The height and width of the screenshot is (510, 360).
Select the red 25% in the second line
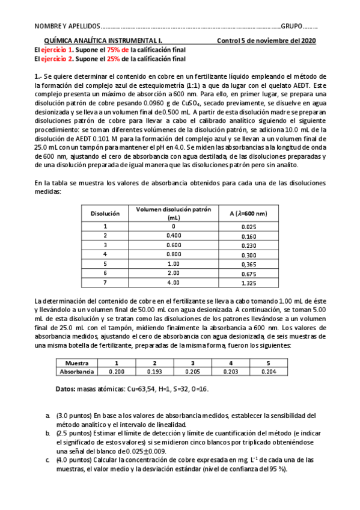(x=99, y=59)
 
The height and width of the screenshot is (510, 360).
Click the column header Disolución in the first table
(x=105, y=213)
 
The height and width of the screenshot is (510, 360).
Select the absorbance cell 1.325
(x=248, y=283)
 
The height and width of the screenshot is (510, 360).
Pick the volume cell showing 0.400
(x=173, y=236)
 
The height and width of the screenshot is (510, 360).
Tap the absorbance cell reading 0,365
(x=248, y=263)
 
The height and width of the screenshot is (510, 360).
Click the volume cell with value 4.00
(x=173, y=283)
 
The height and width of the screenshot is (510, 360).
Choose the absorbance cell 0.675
(x=248, y=273)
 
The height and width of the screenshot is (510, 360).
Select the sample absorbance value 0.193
(x=154, y=372)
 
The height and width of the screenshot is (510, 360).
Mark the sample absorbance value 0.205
(x=192, y=372)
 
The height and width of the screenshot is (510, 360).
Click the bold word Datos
(x=66, y=390)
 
